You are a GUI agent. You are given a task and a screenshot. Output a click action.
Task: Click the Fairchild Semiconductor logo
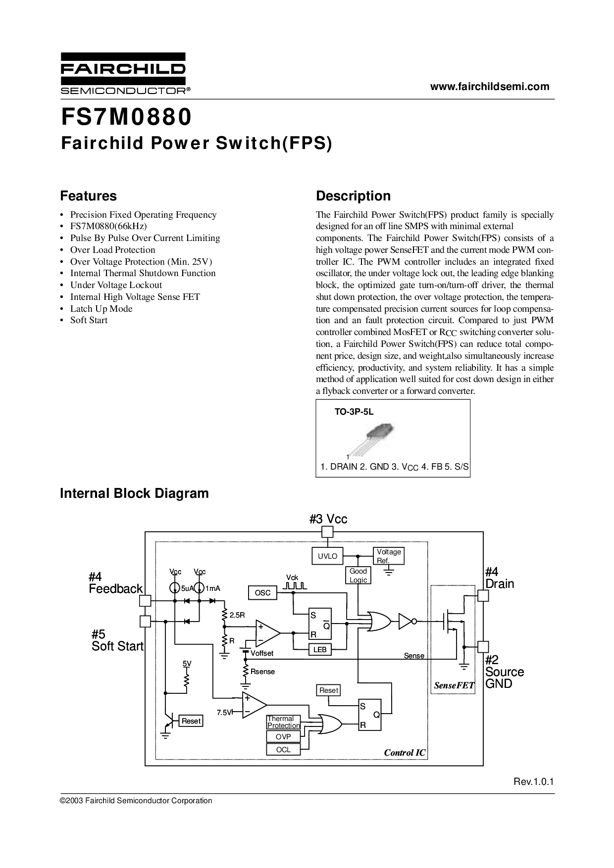pos(124,73)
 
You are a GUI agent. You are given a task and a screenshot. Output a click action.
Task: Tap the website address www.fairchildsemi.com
pos(489,87)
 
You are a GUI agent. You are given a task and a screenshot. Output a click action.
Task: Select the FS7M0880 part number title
pos(126,117)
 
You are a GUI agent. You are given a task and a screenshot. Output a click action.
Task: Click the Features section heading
pos(89,196)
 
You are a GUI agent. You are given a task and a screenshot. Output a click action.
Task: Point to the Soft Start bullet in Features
pos(89,320)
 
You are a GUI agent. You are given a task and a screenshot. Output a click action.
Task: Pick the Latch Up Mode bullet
pos(101,308)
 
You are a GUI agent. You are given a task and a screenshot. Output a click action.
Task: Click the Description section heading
pos(353,196)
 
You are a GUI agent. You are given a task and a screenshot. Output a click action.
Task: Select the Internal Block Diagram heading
pos(134,493)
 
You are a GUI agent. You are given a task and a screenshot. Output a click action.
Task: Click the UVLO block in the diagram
pos(327,556)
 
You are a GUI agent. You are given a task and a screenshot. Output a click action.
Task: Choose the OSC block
pos(262,592)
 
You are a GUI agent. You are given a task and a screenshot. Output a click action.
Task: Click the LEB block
pos(320,649)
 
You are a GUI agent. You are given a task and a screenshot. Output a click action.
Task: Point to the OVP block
pos(283,736)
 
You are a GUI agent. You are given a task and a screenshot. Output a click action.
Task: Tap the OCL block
pos(283,749)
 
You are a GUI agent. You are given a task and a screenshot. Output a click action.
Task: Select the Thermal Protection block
pos(283,722)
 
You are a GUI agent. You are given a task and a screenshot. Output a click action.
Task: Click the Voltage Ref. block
pos(388,556)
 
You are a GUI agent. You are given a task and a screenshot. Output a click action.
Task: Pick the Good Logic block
pos(358,576)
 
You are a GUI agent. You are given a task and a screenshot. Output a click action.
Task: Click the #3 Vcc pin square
pos(327,532)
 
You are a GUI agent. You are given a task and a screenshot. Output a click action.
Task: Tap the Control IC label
pos(405,753)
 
